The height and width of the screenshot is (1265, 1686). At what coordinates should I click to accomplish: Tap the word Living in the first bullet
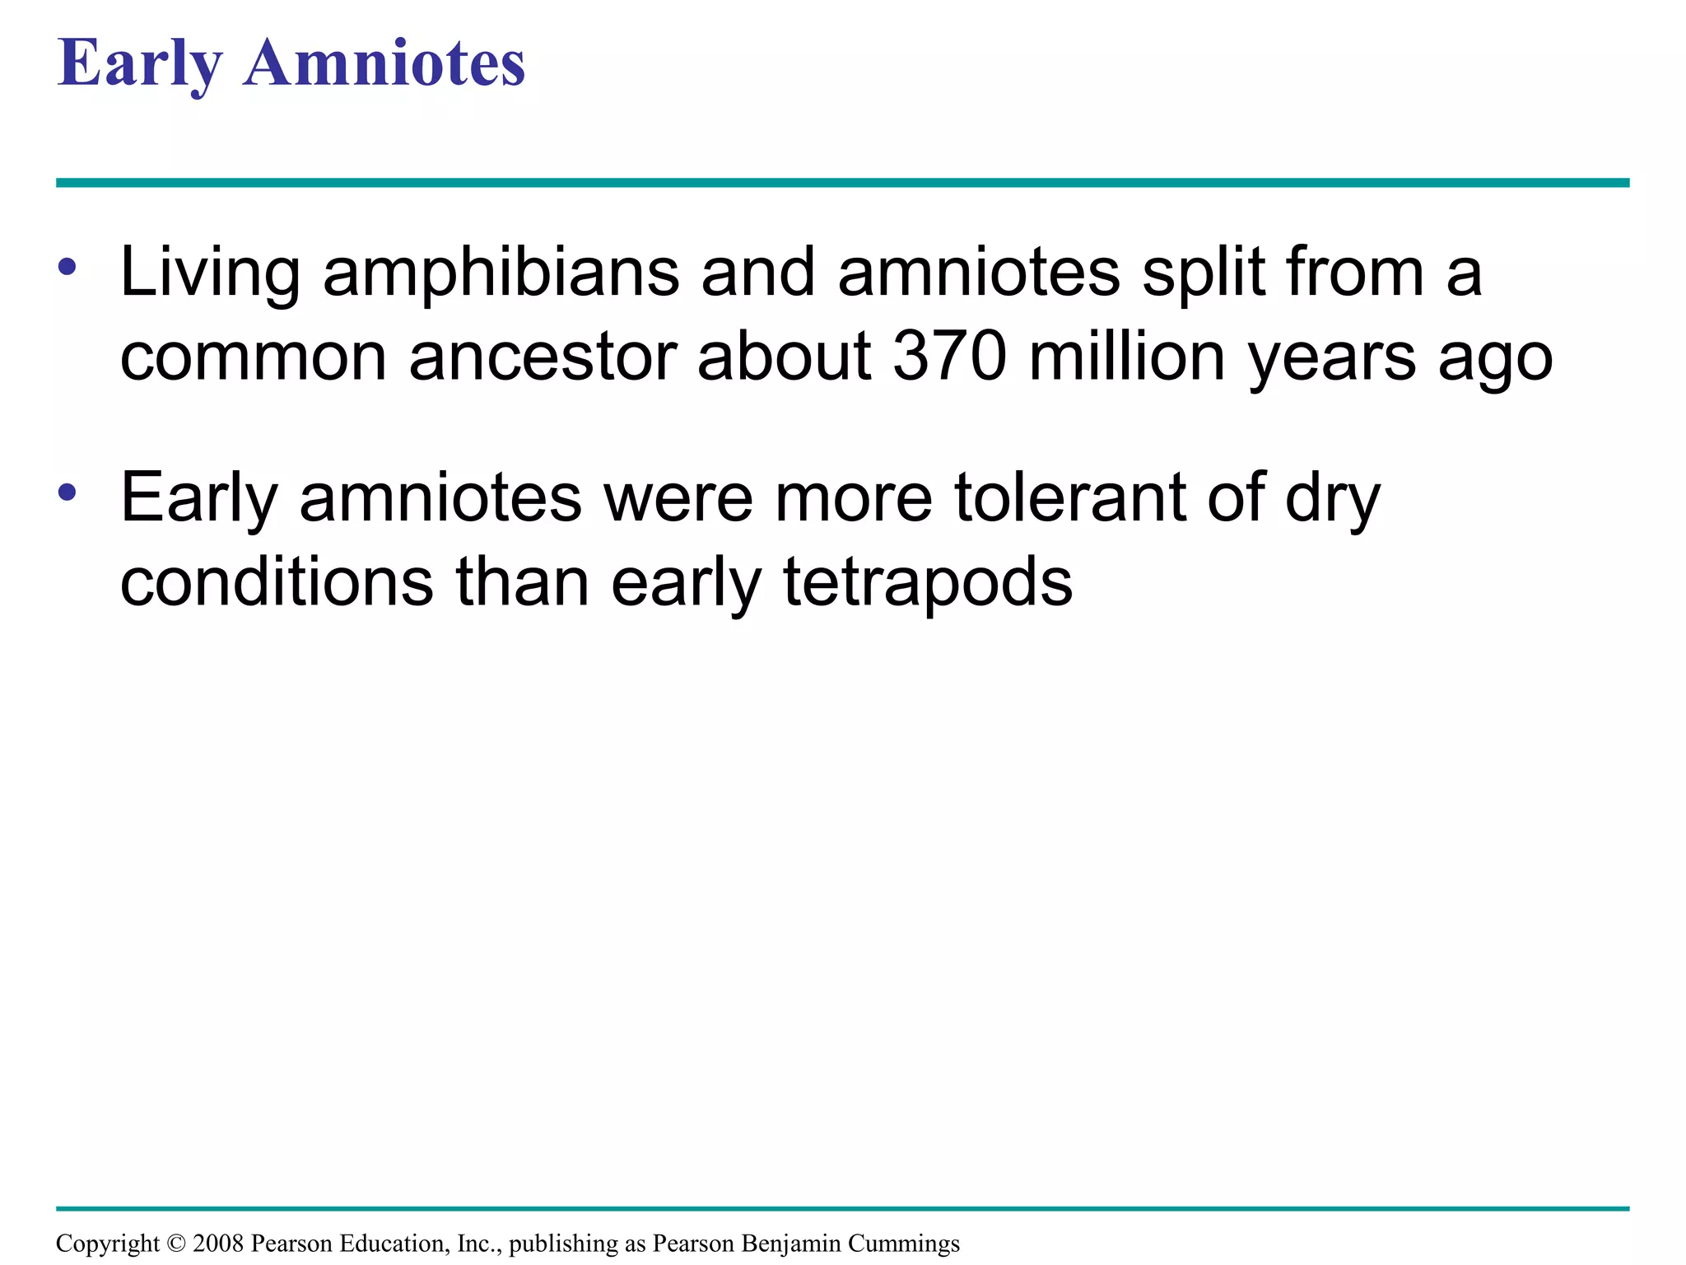(210, 273)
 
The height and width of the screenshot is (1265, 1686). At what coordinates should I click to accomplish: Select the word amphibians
(501, 273)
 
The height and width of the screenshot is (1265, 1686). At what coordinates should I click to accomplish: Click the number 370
(950, 357)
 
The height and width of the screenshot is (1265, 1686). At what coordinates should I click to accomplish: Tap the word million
(1127, 357)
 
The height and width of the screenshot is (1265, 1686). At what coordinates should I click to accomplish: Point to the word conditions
(277, 582)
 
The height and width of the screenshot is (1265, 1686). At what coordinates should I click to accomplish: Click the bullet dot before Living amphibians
(68, 267)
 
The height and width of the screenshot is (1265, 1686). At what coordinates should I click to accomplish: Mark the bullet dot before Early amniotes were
(68, 492)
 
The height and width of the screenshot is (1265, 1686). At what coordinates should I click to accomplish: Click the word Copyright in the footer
(107, 1244)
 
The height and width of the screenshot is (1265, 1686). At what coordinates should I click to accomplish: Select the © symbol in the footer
(176, 1244)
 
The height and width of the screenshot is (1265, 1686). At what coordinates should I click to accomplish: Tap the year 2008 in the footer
(217, 1244)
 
